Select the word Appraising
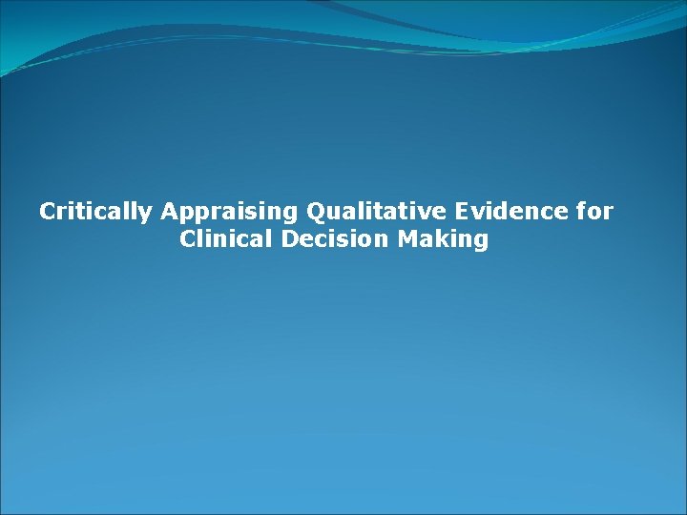click(x=230, y=212)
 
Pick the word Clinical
click(x=227, y=238)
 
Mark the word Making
click(x=444, y=239)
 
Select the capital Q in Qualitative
click(x=316, y=212)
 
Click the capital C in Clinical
click(x=187, y=238)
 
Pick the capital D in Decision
click(x=290, y=238)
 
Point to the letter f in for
click(x=583, y=211)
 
